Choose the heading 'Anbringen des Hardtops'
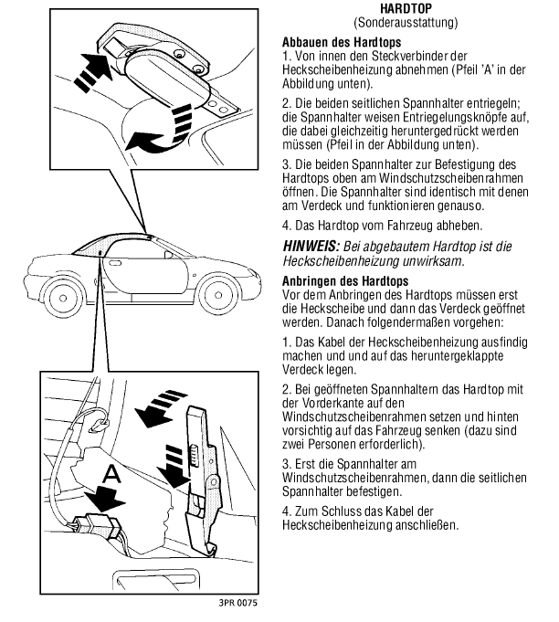coord(345,280)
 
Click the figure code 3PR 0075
coord(237,604)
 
